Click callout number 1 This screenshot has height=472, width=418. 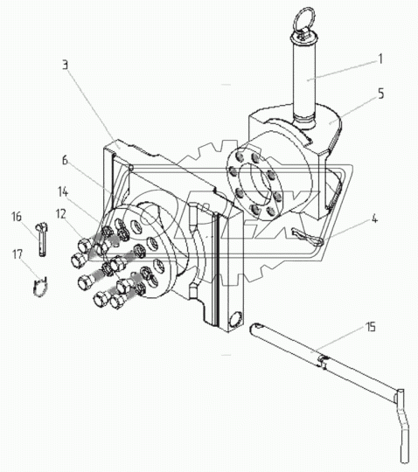[x=380, y=59]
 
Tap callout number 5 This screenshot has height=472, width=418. [x=381, y=94]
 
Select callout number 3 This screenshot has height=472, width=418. [x=66, y=65]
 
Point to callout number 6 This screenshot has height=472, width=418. [x=65, y=160]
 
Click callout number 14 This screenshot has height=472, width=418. [x=63, y=192]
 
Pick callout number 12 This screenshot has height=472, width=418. [x=61, y=214]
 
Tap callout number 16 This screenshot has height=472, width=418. [x=17, y=217]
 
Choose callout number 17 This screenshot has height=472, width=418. [x=17, y=254]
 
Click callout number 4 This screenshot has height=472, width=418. [x=374, y=219]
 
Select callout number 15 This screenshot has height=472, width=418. [x=371, y=327]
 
